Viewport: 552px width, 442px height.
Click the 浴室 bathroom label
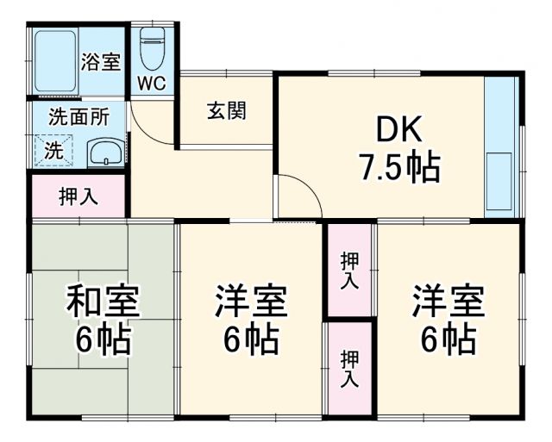pyautogui.click(x=101, y=62)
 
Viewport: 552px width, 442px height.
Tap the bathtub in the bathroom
pyautogui.click(x=54, y=62)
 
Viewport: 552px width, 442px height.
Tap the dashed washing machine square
pyautogui.click(x=54, y=150)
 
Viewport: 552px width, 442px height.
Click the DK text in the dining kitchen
pyautogui.click(x=397, y=129)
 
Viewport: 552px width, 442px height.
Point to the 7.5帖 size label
pyautogui.click(x=399, y=166)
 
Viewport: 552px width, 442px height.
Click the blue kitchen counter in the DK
pyautogui.click(x=502, y=147)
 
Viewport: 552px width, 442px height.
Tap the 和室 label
pyautogui.click(x=103, y=303)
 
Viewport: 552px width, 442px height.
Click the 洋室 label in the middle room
pyautogui.click(x=251, y=303)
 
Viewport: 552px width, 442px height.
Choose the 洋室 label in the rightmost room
pyautogui.click(x=448, y=303)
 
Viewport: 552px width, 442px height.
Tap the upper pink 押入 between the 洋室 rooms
pyautogui.click(x=349, y=270)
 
